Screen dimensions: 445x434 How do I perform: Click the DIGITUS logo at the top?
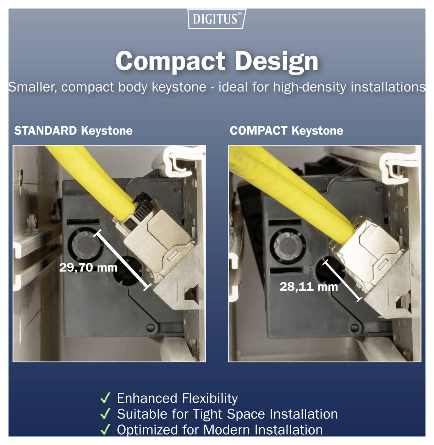click(216, 18)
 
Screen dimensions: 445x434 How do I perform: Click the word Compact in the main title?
click(170, 61)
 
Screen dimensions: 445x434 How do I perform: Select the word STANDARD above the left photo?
click(45, 131)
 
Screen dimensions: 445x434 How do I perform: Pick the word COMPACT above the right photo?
click(258, 131)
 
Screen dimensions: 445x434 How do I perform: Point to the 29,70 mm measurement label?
click(88, 267)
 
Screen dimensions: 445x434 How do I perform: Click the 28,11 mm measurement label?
click(308, 286)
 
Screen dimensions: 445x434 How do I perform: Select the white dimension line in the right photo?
click(342, 280)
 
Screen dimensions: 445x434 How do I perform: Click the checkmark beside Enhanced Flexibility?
click(105, 398)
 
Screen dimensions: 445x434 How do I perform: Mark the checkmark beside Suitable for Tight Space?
click(105, 414)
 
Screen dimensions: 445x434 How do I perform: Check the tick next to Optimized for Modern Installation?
click(105, 430)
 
